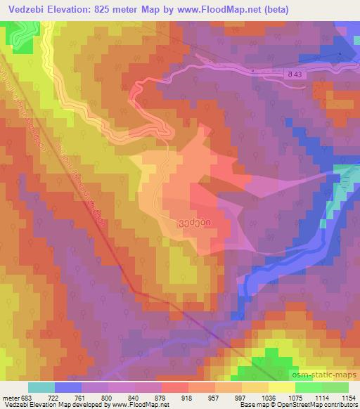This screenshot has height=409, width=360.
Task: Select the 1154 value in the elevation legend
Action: pos(347,398)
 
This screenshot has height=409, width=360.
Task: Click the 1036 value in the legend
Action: pos(267,398)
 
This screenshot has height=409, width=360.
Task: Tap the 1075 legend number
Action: pos(294,398)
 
